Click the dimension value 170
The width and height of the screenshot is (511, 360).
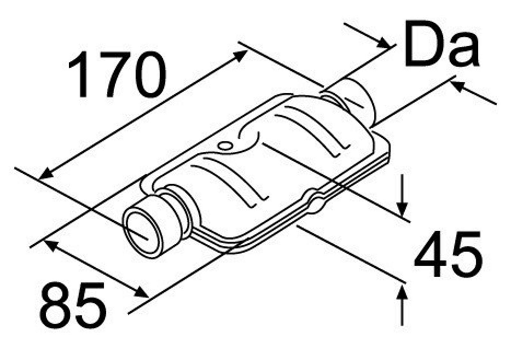pos(117,74)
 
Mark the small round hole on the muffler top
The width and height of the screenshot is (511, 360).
pos(224,146)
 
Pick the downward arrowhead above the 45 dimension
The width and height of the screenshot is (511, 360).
pos(402,211)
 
